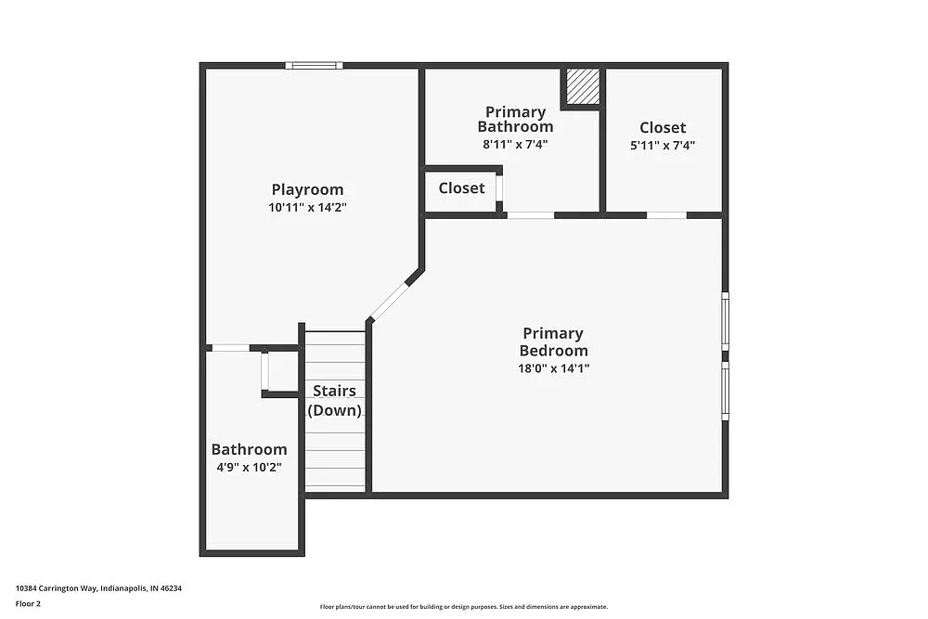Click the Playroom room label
[x=307, y=189]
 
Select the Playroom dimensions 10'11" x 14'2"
[x=307, y=208]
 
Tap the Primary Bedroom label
[x=553, y=342]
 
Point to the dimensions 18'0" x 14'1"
[x=553, y=368]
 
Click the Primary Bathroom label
[x=515, y=119]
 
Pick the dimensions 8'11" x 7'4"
[x=515, y=144]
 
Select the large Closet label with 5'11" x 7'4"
[x=663, y=127]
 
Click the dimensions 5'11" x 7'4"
[x=663, y=145]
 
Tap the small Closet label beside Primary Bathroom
[x=461, y=187]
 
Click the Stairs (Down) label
[x=334, y=400]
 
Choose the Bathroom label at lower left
[x=249, y=449]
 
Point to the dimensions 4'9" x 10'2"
[x=249, y=467]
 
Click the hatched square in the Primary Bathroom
[x=583, y=86]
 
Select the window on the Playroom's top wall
[x=314, y=65]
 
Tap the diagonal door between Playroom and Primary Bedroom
[x=390, y=301]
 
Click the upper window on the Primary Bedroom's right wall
[x=725, y=320]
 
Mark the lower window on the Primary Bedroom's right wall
[x=725, y=390]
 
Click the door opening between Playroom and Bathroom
[x=230, y=348]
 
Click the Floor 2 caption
[x=28, y=603]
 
